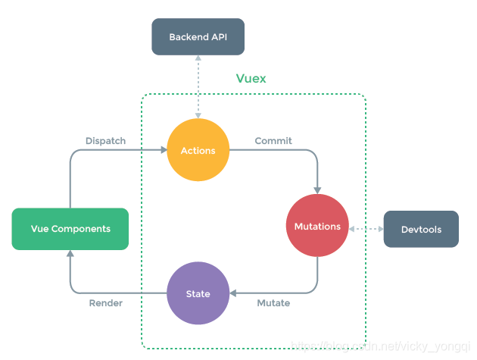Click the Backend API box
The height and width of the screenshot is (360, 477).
click(198, 36)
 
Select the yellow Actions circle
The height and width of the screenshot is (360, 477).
click(198, 151)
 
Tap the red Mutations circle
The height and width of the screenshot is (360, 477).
click(317, 226)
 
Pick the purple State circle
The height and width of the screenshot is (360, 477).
click(198, 294)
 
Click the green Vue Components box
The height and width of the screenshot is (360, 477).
click(70, 229)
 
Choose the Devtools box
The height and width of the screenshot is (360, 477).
click(421, 229)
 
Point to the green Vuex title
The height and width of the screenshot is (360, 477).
click(251, 79)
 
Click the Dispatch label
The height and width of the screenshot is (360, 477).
click(105, 141)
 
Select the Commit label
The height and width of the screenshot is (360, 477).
click(273, 141)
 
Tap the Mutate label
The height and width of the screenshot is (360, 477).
click(273, 303)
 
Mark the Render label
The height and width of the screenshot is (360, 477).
click(105, 303)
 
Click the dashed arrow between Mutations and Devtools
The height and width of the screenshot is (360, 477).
click(366, 228)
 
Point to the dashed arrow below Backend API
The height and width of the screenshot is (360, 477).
click(198, 86)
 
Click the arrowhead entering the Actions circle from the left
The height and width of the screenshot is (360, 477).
click(163, 151)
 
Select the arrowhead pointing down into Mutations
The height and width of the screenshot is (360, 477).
click(317, 189)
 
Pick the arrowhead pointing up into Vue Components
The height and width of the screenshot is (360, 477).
click(70, 255)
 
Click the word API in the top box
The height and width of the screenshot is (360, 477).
click(218, 36)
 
